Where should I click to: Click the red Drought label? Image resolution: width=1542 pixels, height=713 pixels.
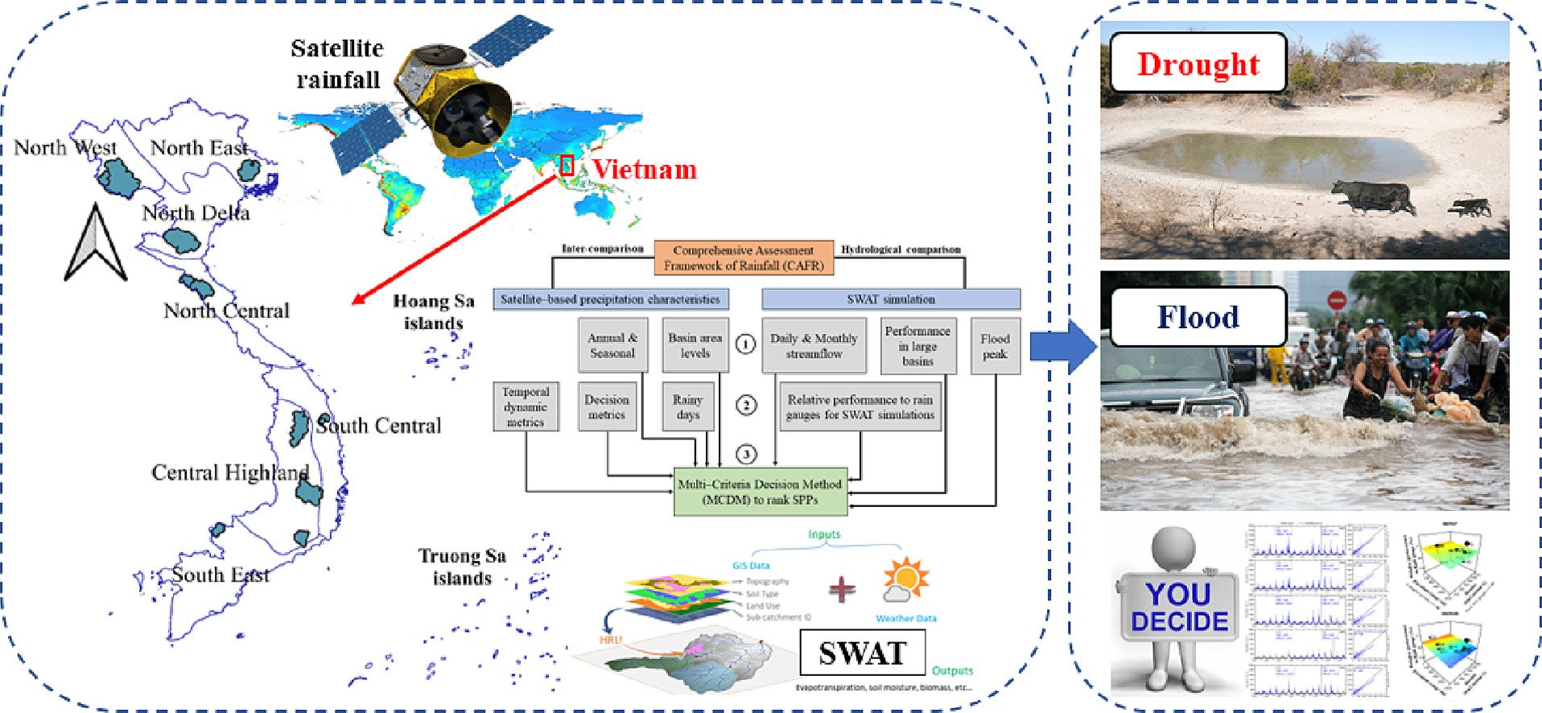point(1198,64)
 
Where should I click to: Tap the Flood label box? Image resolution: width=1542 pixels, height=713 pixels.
point(1198,317)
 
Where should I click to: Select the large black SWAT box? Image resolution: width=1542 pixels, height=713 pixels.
point(862,653)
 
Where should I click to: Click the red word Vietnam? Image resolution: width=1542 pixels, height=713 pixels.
point(645,170)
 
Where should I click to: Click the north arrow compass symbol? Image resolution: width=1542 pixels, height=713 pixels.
point(95,243)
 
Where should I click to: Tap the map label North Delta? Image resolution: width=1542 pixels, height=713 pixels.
point(196,213)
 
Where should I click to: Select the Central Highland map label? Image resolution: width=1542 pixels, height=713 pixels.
point(229,472)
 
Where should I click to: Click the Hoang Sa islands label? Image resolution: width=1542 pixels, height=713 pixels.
point(434,312)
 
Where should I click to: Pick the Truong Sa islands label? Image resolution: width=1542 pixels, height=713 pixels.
point(462,567)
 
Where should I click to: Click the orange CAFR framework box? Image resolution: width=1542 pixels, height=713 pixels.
point(743,258)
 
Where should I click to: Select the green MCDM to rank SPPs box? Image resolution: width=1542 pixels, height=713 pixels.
point(760,492)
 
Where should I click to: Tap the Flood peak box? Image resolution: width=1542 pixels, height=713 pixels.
point(995,347)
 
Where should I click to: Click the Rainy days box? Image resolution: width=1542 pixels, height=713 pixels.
point(687,407)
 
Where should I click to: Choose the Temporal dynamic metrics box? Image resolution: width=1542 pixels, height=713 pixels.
point(526,406)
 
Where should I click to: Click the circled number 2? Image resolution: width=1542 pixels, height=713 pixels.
point(746,405)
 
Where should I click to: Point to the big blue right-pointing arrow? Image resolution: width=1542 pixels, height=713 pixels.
point(1062,347)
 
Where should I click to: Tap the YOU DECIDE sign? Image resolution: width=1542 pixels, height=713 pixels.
point(1179,608)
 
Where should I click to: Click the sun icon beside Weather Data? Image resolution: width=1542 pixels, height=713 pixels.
point(906,579)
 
